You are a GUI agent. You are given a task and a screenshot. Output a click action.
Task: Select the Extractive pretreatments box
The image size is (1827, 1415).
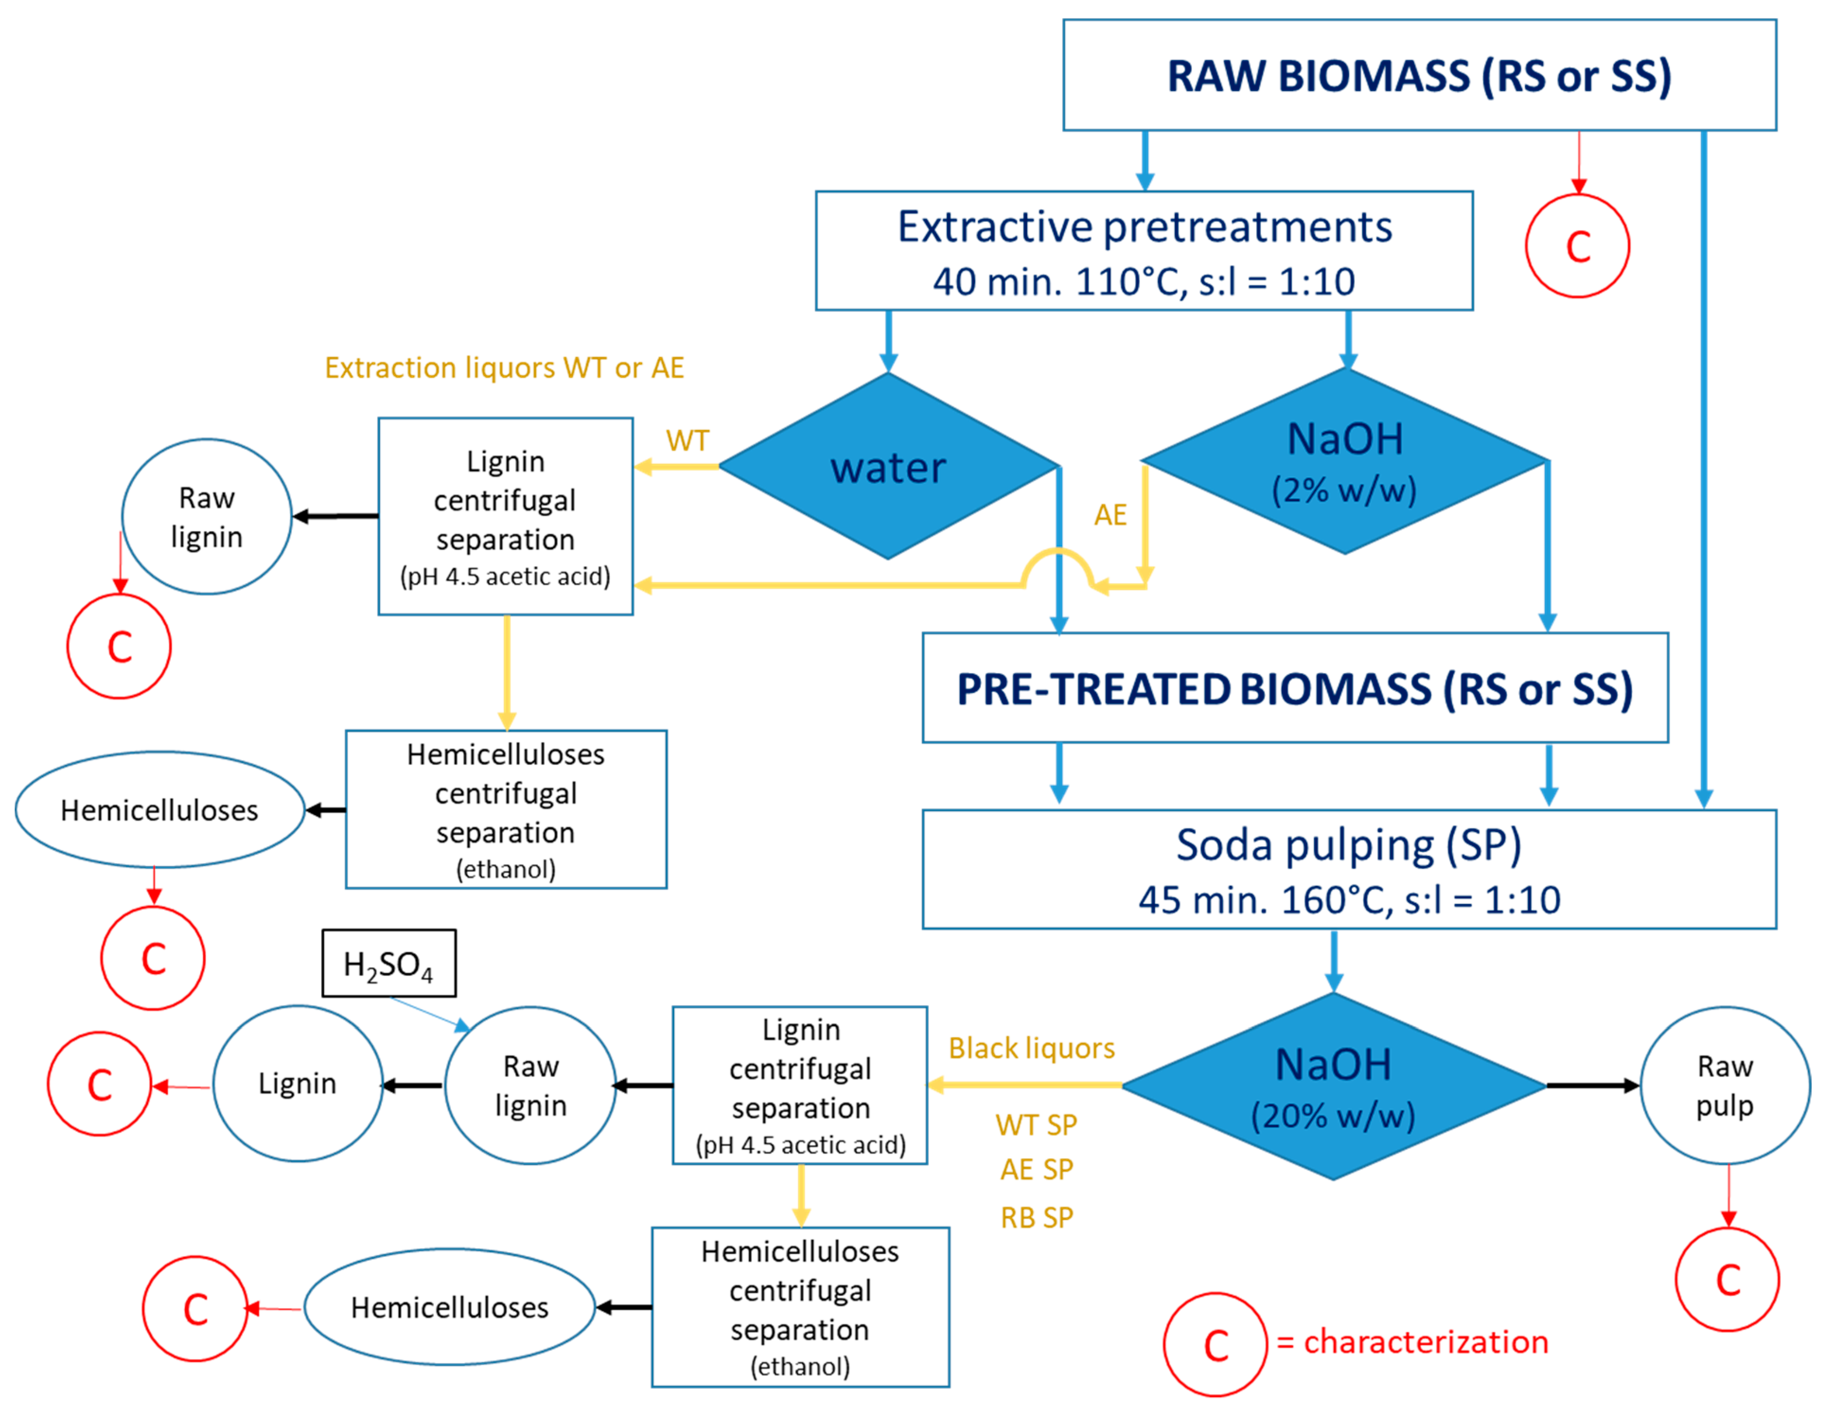1143,251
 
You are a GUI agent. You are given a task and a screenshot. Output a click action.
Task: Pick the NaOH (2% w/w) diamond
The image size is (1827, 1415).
1344,461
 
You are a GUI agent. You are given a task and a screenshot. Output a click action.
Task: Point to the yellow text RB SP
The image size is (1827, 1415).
1036,1218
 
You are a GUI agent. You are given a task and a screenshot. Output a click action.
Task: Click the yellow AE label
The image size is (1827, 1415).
1110,514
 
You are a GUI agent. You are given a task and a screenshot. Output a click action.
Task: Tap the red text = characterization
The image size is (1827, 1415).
1412,1342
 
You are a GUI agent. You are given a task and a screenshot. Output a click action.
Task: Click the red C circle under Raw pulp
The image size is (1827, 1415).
1728,1280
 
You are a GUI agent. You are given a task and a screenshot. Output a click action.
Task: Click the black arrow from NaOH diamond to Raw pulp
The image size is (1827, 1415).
1592,1086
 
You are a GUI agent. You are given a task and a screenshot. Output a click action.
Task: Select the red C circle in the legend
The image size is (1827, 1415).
1215,1344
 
